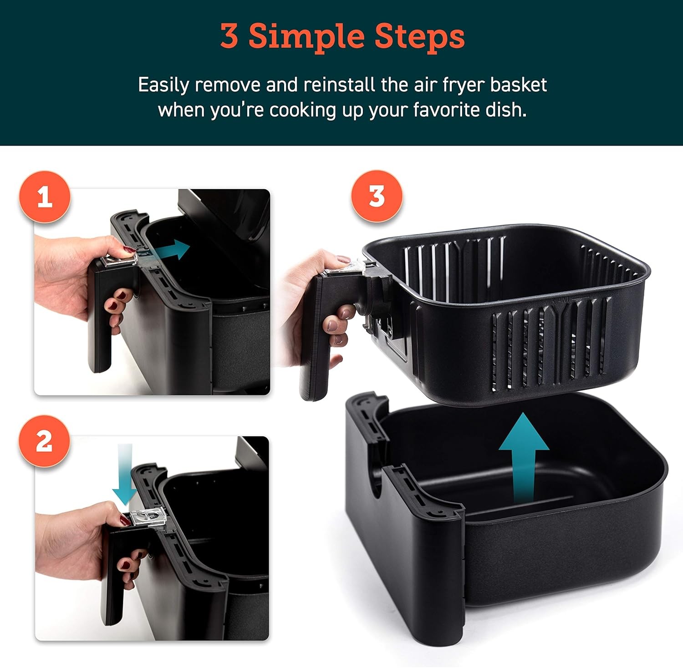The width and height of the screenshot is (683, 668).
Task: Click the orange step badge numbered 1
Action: [45, 197]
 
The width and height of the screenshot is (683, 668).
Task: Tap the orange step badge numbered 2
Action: [44, 441]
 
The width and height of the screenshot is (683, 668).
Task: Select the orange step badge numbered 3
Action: [377, 197]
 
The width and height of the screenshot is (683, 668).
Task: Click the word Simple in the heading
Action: [305, 36]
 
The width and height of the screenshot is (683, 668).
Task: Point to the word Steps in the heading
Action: [419, 36]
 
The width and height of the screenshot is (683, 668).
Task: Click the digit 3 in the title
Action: [229, 36]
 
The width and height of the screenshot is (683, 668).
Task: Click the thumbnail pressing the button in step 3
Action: [342, 260]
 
